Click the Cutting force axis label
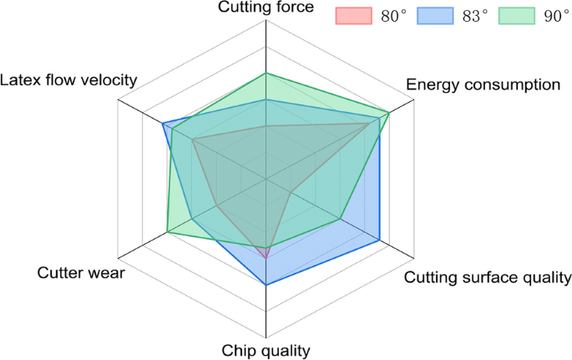[266, 8]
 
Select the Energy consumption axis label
[482, 84]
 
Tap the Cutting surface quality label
[488, 277]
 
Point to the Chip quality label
[266, 351]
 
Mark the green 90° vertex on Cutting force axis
[266, 73]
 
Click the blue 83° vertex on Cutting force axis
[266, 99]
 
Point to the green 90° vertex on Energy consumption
[389, 112]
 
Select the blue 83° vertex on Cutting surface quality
[381, 241]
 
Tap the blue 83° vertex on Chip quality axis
[266, 286]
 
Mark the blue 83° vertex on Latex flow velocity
[163, 124]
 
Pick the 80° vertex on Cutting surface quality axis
[289, 192]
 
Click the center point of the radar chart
[266, 179]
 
